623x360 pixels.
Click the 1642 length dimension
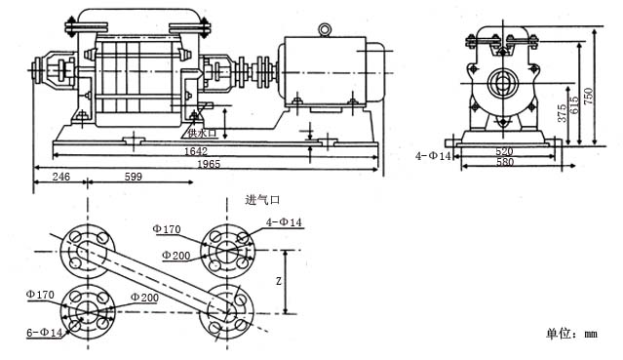pos(196,151)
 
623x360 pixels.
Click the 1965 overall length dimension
pos(209,164)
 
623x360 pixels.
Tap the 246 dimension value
pos(61,177)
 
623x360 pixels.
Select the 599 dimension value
pos(134,177)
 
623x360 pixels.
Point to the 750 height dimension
pos(589,97)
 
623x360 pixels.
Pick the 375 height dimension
pos(562,113)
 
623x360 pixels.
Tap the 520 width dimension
pos(505,151)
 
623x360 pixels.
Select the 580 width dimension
pos(505,162)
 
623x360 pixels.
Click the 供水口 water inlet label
pos(202,133)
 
